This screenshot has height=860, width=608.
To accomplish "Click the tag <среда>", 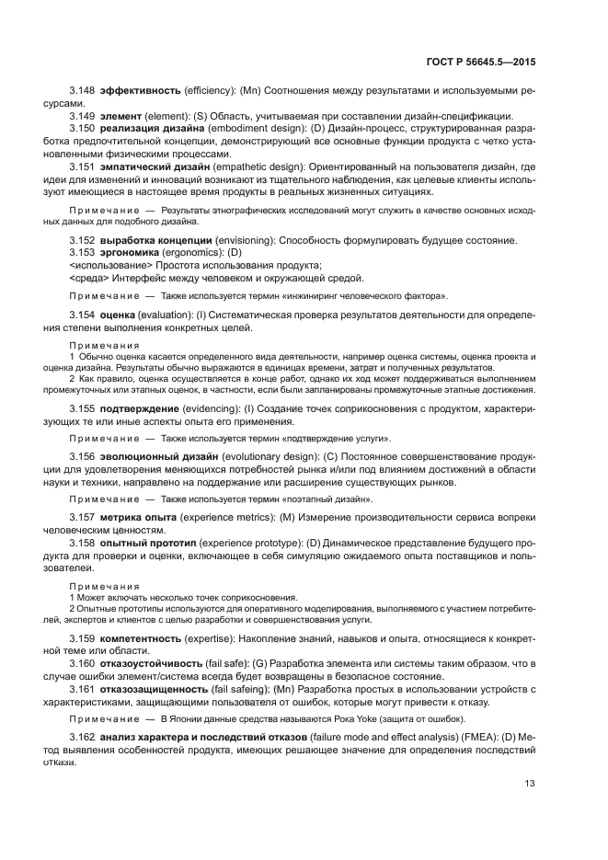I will pos(88,278).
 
